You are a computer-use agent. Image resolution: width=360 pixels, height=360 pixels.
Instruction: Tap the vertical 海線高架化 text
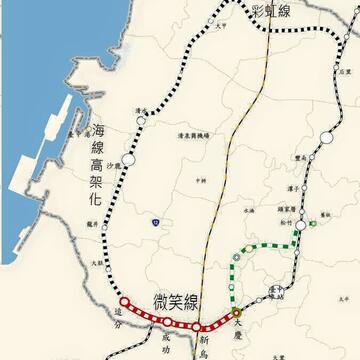97,165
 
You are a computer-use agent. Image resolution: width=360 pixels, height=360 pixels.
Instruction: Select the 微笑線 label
177,299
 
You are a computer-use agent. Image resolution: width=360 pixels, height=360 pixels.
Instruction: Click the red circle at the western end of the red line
123,301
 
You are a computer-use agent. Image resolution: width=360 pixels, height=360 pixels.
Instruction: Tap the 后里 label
345,73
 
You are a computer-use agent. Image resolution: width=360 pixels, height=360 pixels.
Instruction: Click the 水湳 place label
248,212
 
